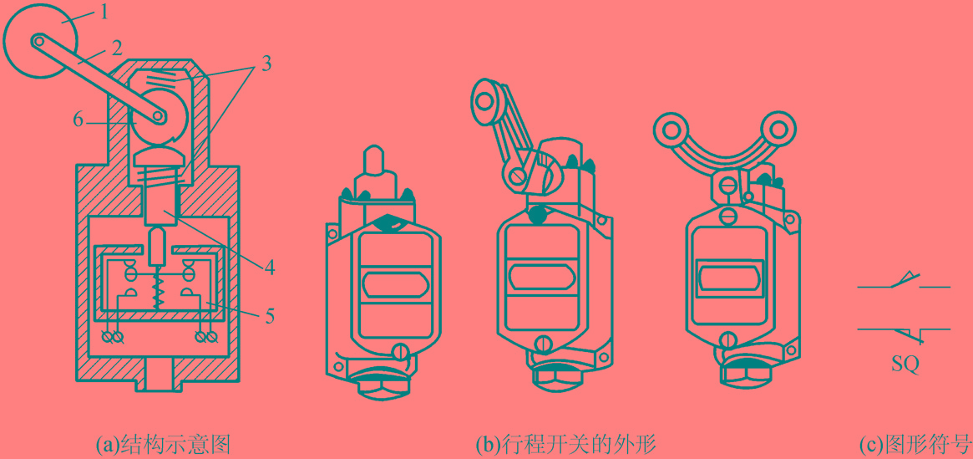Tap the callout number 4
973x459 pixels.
coord(268,268)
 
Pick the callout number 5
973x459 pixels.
coord(269,317)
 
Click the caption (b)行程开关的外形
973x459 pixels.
coord(566,445)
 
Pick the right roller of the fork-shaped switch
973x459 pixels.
coord(776,130)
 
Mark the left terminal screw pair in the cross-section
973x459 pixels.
coord(114,336)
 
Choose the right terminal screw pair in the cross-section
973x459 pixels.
coord(205,336)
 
